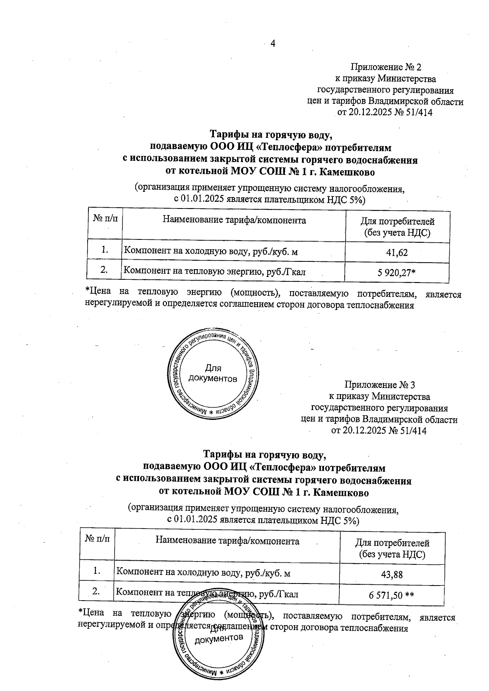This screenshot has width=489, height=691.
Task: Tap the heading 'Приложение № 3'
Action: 379,385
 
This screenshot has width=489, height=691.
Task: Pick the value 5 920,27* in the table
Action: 396,272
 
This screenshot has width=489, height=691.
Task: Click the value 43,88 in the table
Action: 392,575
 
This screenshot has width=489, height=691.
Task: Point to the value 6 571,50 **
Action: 392,595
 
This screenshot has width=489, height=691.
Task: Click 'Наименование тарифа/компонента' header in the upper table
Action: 234,221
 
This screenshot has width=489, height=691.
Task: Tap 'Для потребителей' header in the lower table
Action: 392,543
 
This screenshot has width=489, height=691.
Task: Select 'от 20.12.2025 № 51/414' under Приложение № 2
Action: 385,113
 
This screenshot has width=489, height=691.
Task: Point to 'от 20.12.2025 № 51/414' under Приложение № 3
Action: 379,430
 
